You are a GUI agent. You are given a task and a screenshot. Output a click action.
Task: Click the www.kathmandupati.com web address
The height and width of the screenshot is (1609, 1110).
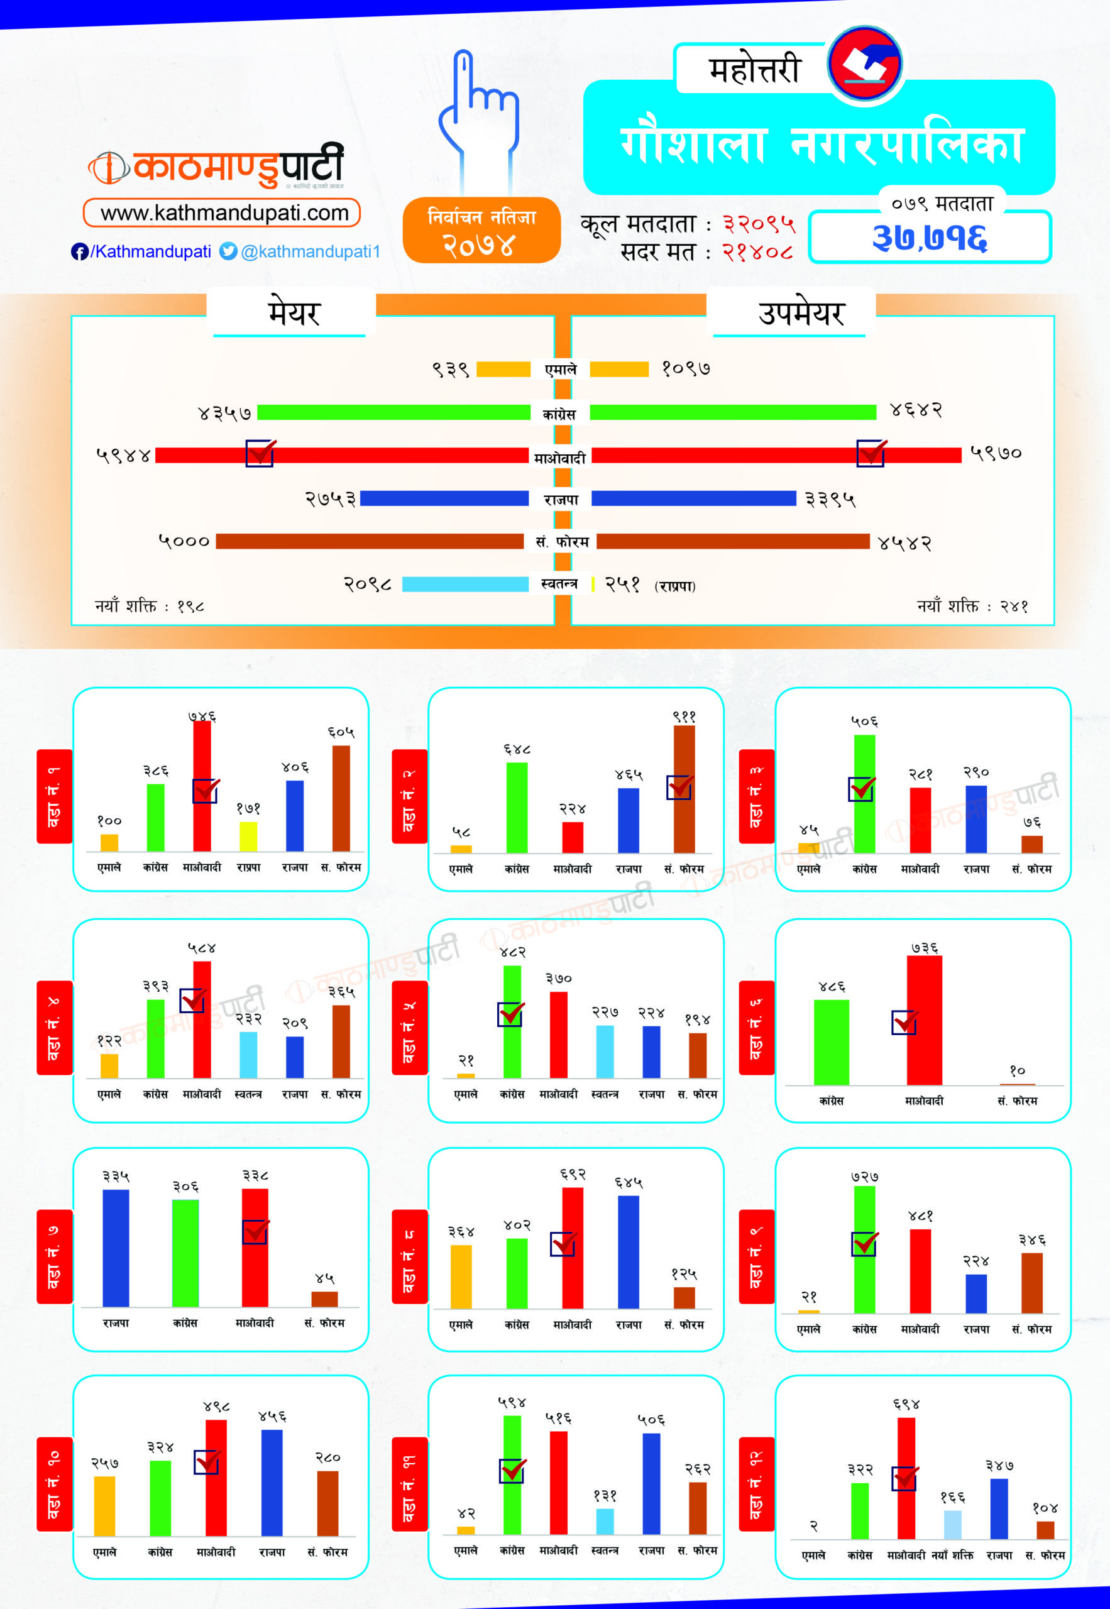[224, 213]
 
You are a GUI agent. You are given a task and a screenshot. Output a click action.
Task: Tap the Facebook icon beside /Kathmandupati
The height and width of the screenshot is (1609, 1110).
[79, 251]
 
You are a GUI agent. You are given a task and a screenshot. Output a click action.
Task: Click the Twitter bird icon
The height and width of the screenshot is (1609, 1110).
[228, 251]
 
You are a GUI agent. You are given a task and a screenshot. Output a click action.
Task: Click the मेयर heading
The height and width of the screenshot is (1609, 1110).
[294, 314]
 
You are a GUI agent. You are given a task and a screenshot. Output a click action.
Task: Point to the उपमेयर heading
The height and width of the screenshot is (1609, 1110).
[801, 314]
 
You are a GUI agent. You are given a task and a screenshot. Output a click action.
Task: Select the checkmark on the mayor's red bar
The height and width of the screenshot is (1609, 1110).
[260, 453]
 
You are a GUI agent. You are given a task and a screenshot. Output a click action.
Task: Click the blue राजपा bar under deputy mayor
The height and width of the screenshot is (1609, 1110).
[693, 498]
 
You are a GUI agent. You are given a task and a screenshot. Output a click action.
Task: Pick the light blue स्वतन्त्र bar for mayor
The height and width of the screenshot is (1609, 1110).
[465, 584]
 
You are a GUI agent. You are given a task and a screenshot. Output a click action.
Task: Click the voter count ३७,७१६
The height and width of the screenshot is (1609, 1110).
[929, 238]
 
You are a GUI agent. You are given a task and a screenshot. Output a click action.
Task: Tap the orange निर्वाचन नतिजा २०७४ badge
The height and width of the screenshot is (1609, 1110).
[481, 230]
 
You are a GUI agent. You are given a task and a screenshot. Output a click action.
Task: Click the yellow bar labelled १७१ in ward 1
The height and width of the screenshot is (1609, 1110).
[248, 836]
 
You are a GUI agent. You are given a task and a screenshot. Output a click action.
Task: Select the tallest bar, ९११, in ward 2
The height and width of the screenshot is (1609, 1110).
[684, 789]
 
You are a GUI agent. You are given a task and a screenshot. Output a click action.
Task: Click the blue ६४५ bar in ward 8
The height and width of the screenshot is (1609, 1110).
[628, 1251]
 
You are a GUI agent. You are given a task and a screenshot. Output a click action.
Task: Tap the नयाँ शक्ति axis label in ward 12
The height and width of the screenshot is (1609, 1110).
[952, 1555]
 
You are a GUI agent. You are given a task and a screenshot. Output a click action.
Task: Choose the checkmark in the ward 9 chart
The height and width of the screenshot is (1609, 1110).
[864, 1244]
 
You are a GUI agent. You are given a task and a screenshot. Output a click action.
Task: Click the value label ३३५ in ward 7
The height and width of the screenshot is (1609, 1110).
[116, 1177]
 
